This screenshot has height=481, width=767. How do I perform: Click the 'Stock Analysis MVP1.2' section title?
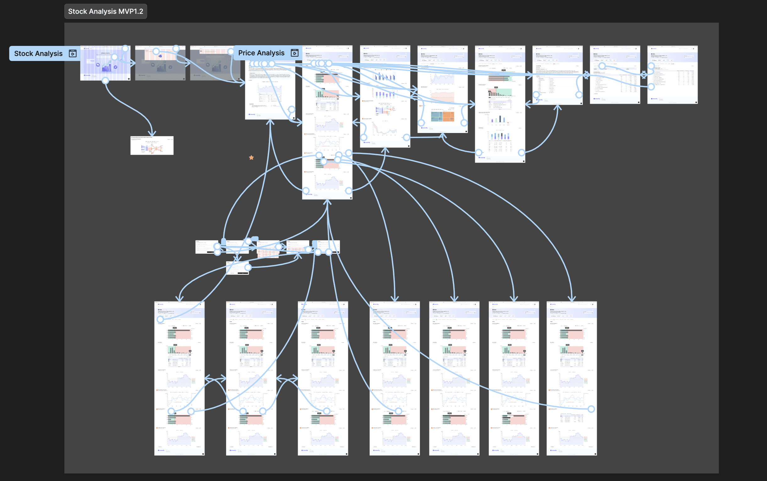coord(106,11)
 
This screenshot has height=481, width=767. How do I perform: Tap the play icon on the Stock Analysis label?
coord(73,53)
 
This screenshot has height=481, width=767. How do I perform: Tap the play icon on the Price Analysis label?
coord(295,53)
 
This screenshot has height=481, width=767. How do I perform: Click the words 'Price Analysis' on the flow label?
coord(261,53)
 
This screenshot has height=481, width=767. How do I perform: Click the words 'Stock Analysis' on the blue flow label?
coord(38,53)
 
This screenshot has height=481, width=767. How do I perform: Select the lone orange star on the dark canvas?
coord(251,158)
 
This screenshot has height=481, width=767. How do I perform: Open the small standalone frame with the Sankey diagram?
coord(152,146)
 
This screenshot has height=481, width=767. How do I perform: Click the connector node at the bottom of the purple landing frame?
coord(105,80)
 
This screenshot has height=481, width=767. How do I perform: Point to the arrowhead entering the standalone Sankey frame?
coord(152,134)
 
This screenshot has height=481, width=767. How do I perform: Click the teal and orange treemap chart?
coord(442,116)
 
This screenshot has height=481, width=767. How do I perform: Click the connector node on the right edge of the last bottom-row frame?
coord(591,409)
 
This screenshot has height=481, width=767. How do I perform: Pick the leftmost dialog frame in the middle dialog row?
coord(206,247)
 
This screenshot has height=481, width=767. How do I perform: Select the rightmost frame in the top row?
coord(672,75)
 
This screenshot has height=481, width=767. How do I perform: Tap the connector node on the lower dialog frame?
coord(248,267)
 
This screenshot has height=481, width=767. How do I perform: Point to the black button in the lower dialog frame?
coord(243,273)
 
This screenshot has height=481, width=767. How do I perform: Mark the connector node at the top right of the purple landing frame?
coord(126,49)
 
